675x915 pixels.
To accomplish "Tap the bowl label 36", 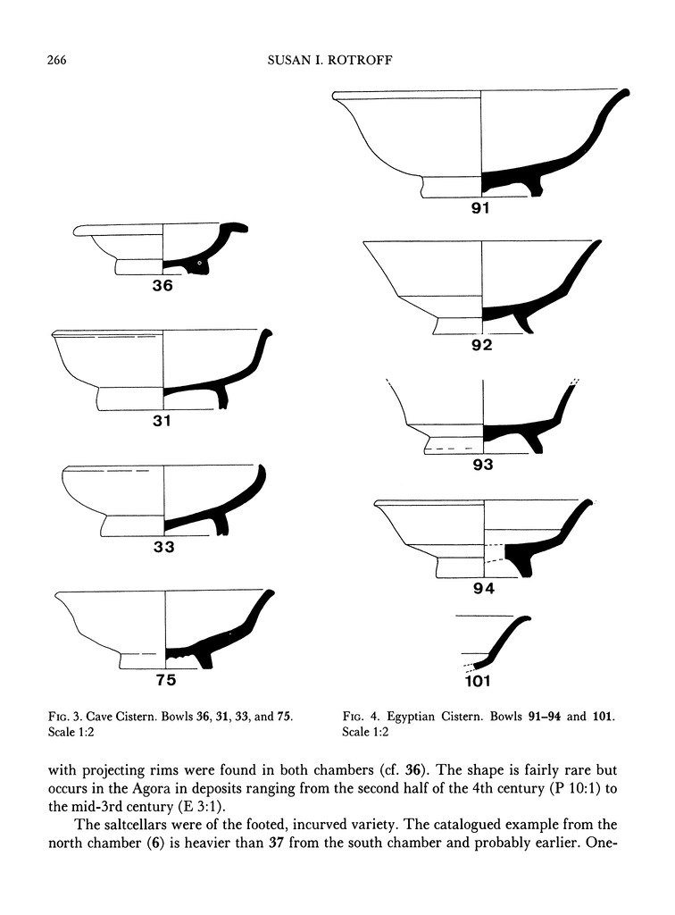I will (162, 287).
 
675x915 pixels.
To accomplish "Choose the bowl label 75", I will (166, 680).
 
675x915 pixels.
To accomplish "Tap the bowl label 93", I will (483, 465).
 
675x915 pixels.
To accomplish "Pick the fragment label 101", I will (483, 682).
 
